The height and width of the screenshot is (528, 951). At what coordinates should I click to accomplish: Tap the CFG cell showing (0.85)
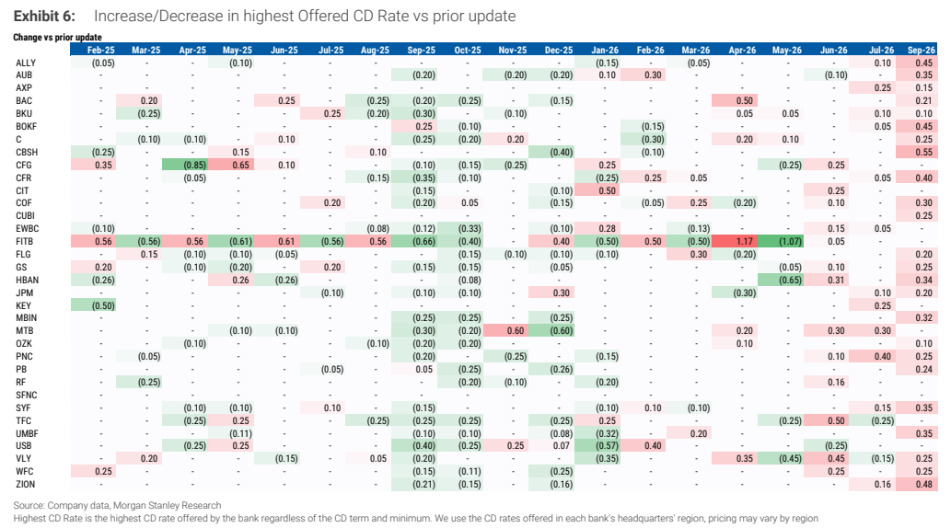tap(191, 165)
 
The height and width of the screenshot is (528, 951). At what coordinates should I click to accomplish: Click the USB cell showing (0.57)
tap(604, 445)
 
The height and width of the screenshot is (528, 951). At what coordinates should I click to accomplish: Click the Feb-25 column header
tap(100, 51)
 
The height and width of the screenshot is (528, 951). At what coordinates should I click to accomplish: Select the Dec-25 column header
tap(559, 51)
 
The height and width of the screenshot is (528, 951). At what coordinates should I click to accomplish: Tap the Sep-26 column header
tap(922, 51)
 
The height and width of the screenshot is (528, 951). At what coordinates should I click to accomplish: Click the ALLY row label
tap(26, 63)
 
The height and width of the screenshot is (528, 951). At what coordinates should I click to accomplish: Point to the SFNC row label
tap(27, 395)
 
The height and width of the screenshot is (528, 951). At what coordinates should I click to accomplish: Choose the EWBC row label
tap(28, 228)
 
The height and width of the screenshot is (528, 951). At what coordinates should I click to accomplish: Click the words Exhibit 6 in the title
tap(45, 17)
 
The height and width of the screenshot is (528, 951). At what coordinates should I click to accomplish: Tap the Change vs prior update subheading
tap(58, 37)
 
